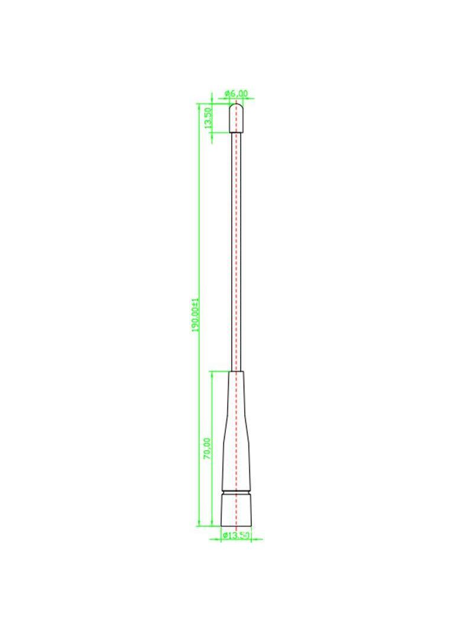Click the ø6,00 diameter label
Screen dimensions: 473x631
237,94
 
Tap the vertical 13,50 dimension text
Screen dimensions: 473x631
208,118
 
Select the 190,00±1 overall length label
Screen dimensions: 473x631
196,315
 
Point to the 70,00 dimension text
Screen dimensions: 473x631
207,448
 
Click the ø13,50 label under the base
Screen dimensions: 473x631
237,535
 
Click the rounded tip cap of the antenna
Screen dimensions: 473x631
237,118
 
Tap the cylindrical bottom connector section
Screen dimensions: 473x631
237,510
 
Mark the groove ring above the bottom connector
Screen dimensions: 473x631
237,491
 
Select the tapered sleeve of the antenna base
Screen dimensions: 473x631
237,430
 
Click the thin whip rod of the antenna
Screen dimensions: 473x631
237,252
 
